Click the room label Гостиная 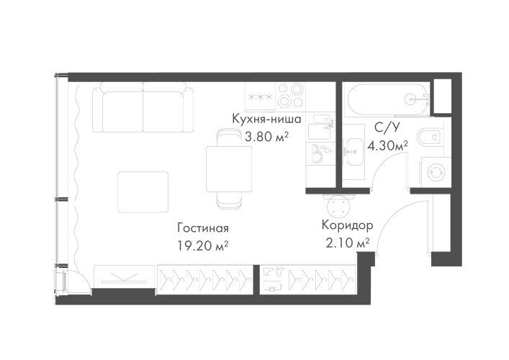tap(203, 228)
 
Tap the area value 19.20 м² tap(202, 246)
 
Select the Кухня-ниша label tap(266, 119)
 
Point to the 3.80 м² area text tap(266, 137)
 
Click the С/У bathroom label tap(387, 127)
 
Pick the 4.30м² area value tap(387, 145)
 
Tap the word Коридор tap(347, 225)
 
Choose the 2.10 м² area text tap(347, 243)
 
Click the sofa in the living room tap(143, 107)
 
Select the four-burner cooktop tap(290, 96)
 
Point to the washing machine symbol tap(436, 172)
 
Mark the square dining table tap(229, 168)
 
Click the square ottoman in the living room tap(143, 192)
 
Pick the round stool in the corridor tap(339, 206)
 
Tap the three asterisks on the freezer tap(261, 96)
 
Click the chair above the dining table tap(229, 138)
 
